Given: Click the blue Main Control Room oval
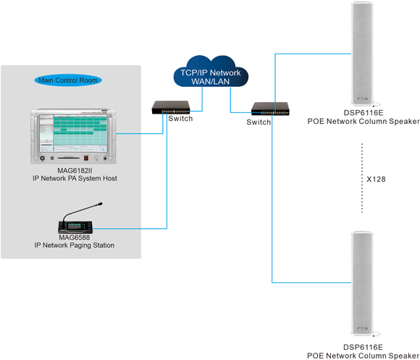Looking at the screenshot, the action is pyautogui.click(x=68, y=80).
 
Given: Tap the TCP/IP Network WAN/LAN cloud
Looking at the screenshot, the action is pyautogui.click(x=211, y=72).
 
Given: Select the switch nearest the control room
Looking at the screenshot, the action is pyautogui.click(x=171, y=107).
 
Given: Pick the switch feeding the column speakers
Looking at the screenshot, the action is pyautogui.click(x=270, y=109).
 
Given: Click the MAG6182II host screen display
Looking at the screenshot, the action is pyautogui.click(x=73, y=134).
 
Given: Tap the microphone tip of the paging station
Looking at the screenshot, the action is pyautogui.click(x=100, y=204).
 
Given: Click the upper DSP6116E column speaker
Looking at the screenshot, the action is pyautogui.click(x=362, y=54).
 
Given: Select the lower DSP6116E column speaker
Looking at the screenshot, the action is pyautogui.click(x=362, y=283).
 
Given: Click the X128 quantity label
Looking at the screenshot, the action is pyautogui.click(x=376, y=179).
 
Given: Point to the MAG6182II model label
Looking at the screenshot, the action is pyautogui.click(x=75, y=171).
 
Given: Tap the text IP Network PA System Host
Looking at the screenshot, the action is pyautogui.click(x=75, y=178).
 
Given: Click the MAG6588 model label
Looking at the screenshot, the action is pyautogui.click(x=75, y=238).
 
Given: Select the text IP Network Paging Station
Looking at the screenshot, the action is pyautogui.click(x=74, y=245).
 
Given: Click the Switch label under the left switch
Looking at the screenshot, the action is pyautogui.click(x=180, y=119).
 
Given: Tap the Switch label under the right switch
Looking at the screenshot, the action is pyautogui.click(x=259, y=122).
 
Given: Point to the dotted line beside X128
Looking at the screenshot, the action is pyautogui.click(x=362, y=178).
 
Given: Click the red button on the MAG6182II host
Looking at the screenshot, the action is pyautogui.click(x=86, y=158).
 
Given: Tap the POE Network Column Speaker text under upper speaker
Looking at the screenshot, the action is pyautogui.click(x=364, y=122).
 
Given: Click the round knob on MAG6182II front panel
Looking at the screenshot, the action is pyautogui.click(x=42, y=158).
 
